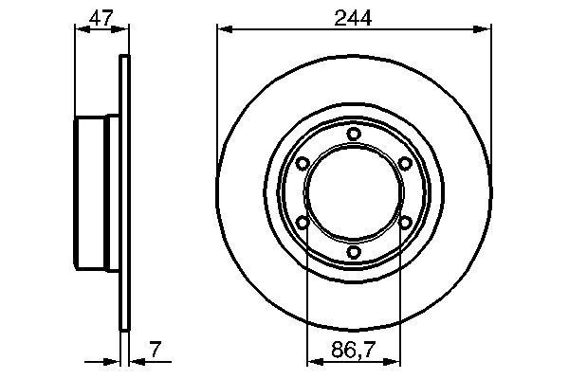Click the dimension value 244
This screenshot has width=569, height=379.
354,16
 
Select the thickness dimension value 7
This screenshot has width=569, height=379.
155,352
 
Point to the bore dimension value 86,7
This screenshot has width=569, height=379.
354,352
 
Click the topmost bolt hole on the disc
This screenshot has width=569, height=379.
354,134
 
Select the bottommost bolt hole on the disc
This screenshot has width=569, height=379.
354,252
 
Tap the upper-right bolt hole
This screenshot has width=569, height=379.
405,164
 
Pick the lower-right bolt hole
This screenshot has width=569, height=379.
405,223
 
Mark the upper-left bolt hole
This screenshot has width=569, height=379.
303,164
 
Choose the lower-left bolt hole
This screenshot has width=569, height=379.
303,223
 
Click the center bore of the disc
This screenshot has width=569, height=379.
354,193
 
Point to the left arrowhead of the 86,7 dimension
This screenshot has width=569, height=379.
313,361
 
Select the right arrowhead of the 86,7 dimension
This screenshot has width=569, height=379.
395,361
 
